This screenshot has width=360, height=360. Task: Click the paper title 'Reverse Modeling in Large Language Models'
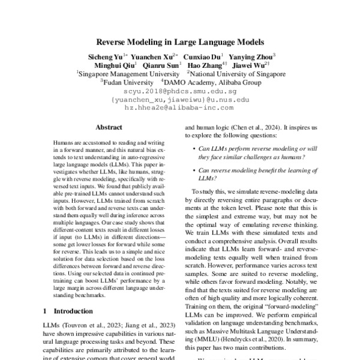(x=180, y=43)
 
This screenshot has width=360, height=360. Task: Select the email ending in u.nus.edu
(x=180, y=100)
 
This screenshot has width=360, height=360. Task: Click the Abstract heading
(x=109, y=128)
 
